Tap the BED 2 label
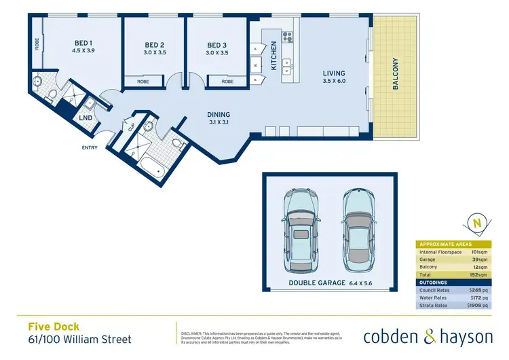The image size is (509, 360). point(154,46)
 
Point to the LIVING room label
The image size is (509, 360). point(334,73)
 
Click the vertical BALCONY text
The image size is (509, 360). point(395,75)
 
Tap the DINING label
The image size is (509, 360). point(219,115)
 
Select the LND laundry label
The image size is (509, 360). point(86,118)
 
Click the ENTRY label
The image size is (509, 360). point(90,147)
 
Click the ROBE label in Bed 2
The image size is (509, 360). point(143,81)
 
